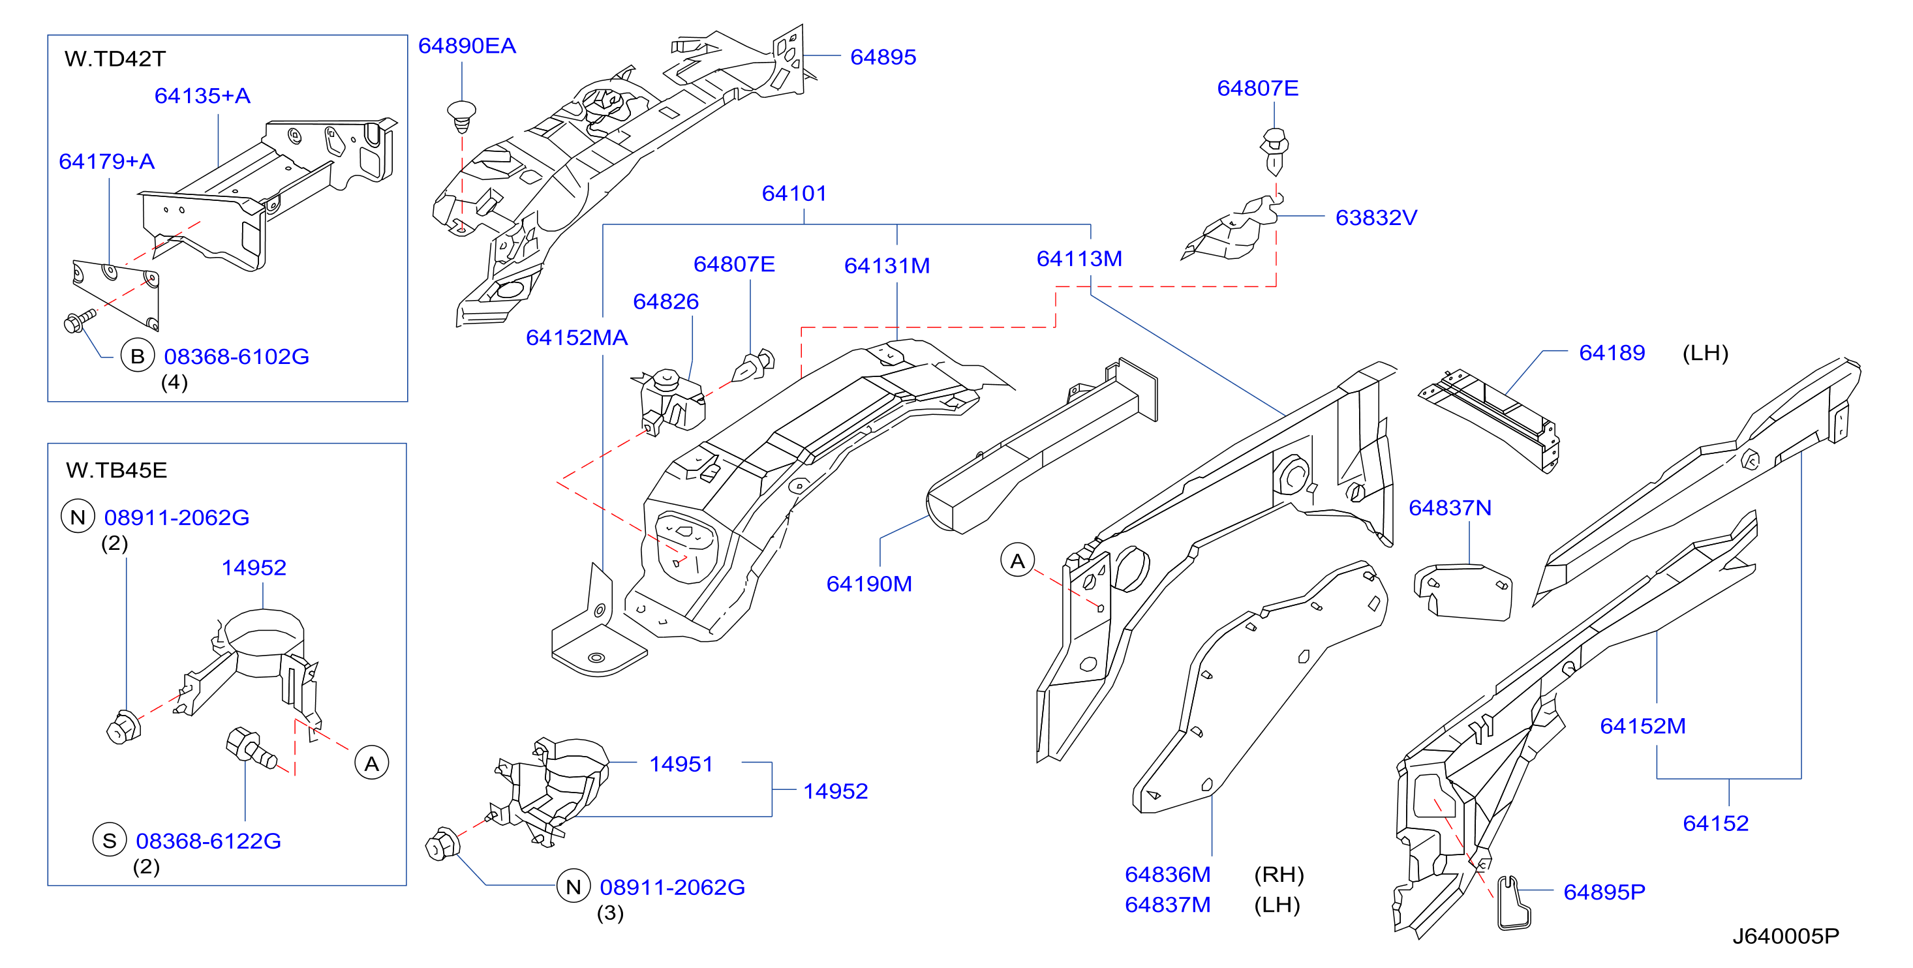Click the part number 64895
pyautogui.click(x=883, y=57)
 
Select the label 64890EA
pyautogui.click(x=467, y=46)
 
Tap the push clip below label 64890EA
pyautogui.click(x=461, y=117)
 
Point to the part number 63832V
pyautogui.click(x=1376, y=217)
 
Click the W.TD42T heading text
pyautogui.click(x=115, y=59)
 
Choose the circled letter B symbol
pyautogui.click(x=138, y=356)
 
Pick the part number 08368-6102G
pyautogui.click(x=236, y=356)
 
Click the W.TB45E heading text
pyautogui.click(x=117, y=470)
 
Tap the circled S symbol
pyautogui.click(x=109, y=840)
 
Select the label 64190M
pyautogui.click(x=869, y=583)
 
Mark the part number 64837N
pyautogui.click(x=1450, y=507)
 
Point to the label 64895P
pyautogui.click(x=1604, y=892)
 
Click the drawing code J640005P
pyautogui.click(x=1786, y=936)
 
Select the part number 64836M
pyautogui.click(x=1167, y=875)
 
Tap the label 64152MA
pyautogui.click(x=576, y=338)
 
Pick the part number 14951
pyautogui.click(x=681, y=764)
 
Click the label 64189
pyautogui.click(x=1612, y=353)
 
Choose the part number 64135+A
pyautogui.click(x=202, y=96)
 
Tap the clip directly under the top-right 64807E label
pyautogui.click(x=1274, y=151)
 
